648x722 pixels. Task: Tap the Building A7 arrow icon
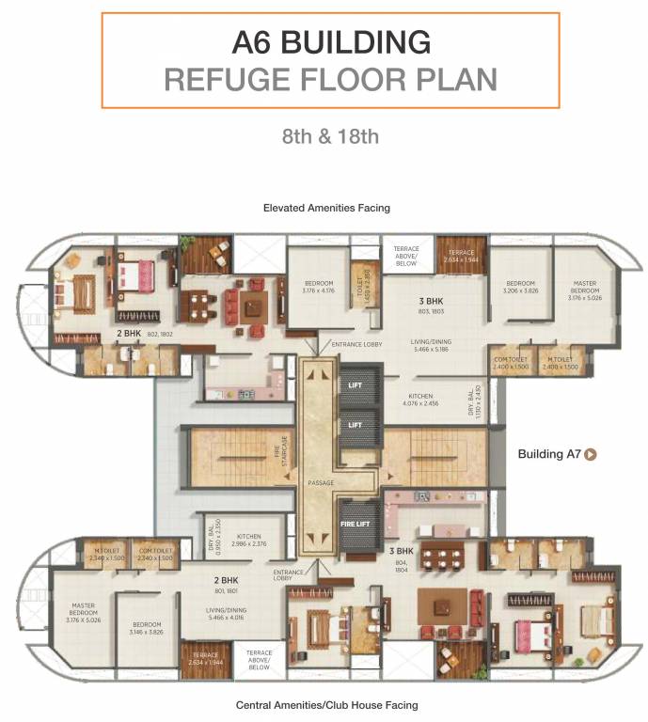coord(592,454)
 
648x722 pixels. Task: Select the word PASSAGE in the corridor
coord(322,482)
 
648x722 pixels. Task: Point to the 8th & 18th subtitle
coord(330,135)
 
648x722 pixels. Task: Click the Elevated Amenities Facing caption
coord(326,208)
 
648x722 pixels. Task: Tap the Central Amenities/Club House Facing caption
coord(326,704)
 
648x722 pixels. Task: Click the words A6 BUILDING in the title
coord(330,42)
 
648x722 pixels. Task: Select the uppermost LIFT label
coord(355,385)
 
